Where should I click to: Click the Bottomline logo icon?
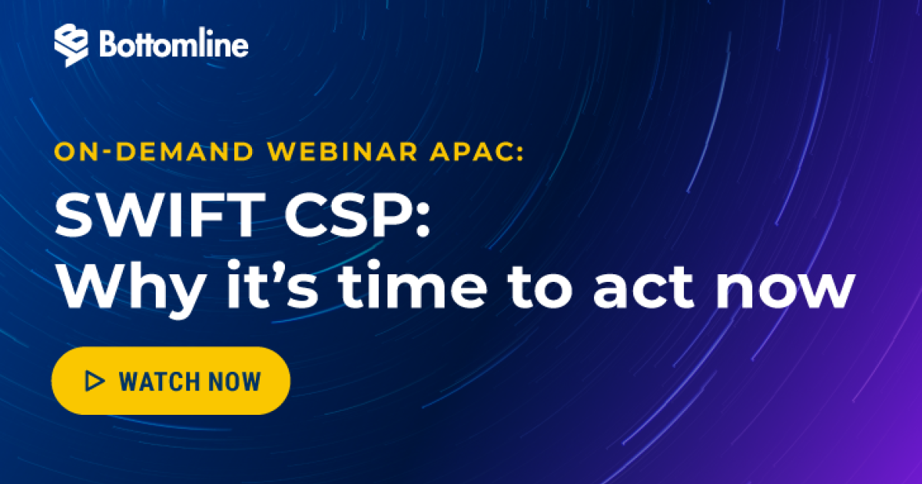point(71,45)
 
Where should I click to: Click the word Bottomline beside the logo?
point(174,43)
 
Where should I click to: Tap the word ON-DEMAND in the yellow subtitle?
point(154,151)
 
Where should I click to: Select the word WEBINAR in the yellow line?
point(343,151)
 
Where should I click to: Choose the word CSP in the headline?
point(347,215)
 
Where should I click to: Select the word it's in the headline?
point(273,284)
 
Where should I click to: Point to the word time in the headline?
point(413,284)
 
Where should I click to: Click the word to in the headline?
point(540,287)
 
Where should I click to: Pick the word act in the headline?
point(643,287)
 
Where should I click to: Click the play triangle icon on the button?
point(95,381)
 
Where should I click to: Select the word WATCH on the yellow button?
point(159,381)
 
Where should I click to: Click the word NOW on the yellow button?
point(234,381)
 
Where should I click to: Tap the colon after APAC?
point(520,153)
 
